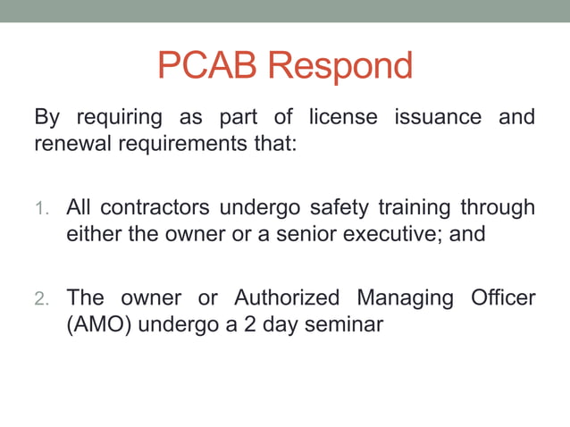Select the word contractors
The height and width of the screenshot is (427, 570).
click(154, 209)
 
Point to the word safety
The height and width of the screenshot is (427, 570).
click(337, 209)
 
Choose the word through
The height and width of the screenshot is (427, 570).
click(498, 209)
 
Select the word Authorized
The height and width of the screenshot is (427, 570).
click(287, 298)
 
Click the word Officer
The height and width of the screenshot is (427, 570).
click(503, 298)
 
